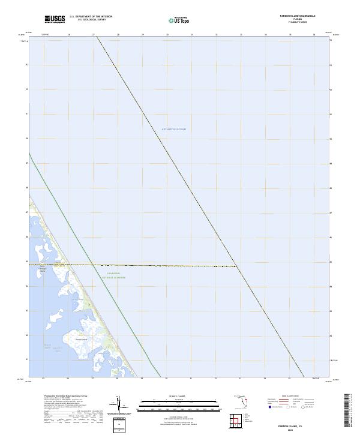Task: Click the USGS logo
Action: pyautogui.click(x=55, y=19)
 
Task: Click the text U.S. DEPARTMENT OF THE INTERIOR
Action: pyautogui.click(x=91, y=17)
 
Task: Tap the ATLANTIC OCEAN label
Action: pyautogui.click(x=175, y=130)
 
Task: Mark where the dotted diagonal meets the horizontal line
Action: pyautogui.click(x=237, y=266)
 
